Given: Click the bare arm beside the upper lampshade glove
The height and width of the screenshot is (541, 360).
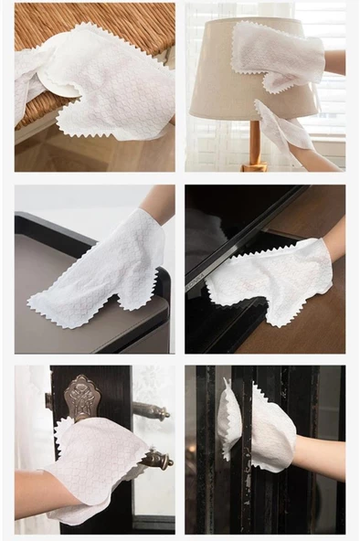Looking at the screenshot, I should pyautogui.click(x=335, y=62).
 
